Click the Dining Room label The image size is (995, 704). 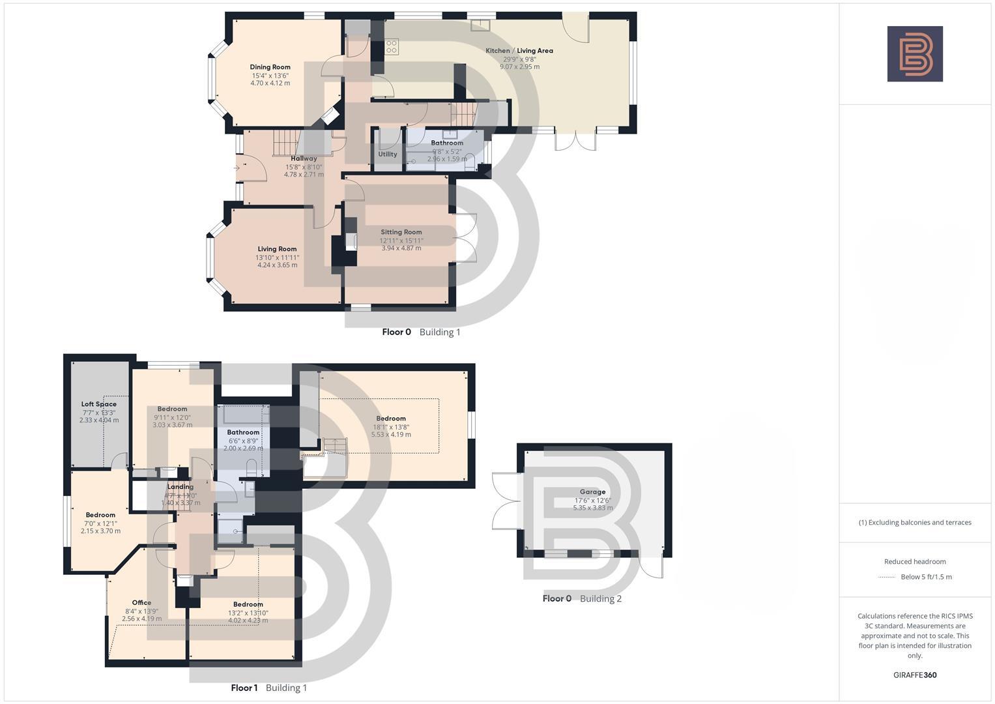coord(270,67)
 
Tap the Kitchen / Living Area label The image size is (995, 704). coord(519,50)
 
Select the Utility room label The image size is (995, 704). coord(388,154)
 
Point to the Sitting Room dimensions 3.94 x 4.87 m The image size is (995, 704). coord(401,248)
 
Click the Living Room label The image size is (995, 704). coord(277,249)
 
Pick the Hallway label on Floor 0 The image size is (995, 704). coord(304,158)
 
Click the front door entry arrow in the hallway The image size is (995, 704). coord(237,168)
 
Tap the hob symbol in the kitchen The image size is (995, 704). coord(392,46)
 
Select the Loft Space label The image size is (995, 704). coord(99,404)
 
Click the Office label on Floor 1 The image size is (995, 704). coord(141,603)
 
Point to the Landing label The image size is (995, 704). coord(180,487)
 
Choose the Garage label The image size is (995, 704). coord(593,492)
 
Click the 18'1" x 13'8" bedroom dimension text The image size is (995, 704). coord(391,427)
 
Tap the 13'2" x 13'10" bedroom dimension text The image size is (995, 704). coord(248,613)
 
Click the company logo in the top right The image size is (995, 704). coord(915,54)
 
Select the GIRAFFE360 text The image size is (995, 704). coord(915,675)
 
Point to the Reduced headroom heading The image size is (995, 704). coord(915,562)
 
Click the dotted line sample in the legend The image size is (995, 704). coord(887,578)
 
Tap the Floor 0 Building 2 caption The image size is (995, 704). coord(582,598)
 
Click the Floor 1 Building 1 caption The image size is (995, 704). coord(269,688)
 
